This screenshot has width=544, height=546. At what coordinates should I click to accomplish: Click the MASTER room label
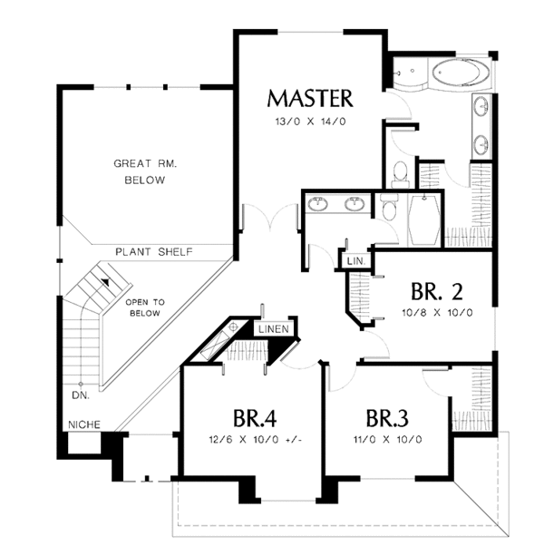pos(310,97)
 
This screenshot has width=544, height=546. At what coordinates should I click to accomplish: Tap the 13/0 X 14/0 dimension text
pos(310,120)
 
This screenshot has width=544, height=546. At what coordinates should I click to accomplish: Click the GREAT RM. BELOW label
pos(144,171)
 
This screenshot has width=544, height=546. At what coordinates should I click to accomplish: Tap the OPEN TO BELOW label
pos(143,307)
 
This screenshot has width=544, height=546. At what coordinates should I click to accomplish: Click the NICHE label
pos(83,424)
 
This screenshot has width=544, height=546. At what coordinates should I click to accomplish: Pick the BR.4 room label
pos(254,418)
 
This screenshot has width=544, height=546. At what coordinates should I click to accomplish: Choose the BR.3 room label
pos(388,418)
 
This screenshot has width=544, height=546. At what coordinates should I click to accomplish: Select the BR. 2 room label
pos(437,292)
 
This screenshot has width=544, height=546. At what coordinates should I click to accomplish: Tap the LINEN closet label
pos(274,329)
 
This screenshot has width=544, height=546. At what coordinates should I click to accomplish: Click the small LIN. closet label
pos(354,262)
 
